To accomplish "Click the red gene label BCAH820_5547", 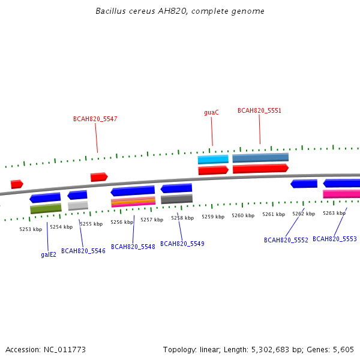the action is click(x=95, y=119).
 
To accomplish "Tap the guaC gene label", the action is click(x=211, y=113).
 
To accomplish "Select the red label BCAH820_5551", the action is click(x=259, y=110).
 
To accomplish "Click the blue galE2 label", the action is click(x=49, y=254).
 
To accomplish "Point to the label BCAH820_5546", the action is click(x=83, y=251).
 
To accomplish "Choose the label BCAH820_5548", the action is click(x=133, y=247).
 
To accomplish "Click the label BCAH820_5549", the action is click(x=182, y=244).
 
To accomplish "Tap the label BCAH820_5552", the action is click(x=286, y=240).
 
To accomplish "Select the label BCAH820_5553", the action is click(x=335, y=239).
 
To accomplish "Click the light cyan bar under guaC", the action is click(x=213, y=160).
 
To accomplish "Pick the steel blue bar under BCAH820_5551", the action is click(x=260, y=158).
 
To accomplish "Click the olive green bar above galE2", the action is click(x=46, y=208).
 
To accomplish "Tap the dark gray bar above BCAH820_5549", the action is click(x=176, y=199).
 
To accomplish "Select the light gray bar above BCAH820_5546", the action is click(x=78, y=206).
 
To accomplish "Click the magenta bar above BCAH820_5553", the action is click(x=341, y=194).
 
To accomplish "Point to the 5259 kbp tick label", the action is click(x=213, y=217).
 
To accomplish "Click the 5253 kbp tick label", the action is click(x=31, y=229).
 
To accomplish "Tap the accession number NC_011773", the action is click(x=65, y=350).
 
